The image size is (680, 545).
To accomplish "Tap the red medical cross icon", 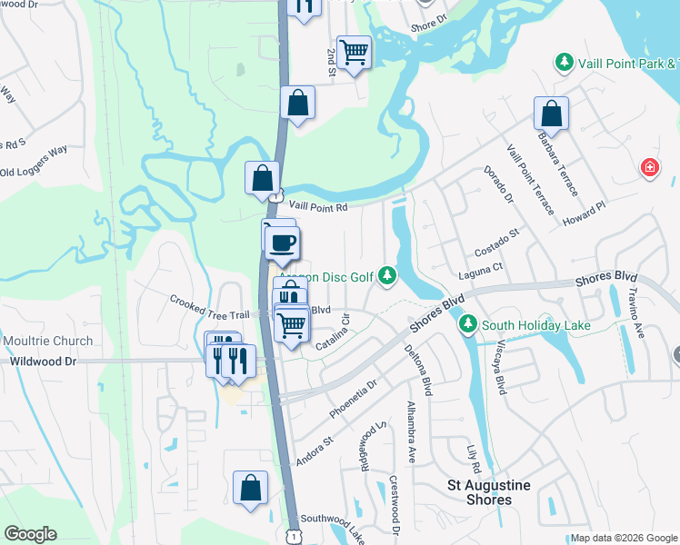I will click(650, 167).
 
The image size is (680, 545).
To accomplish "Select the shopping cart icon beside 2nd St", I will click(353, 52).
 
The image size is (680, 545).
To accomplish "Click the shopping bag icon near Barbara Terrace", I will click(551, 114).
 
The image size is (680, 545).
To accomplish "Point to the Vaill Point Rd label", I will click(312, 208).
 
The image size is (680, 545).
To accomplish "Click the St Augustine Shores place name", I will click(491, 492).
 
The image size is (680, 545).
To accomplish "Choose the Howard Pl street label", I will click(584, 214).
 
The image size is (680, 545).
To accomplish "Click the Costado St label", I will click(495, 243).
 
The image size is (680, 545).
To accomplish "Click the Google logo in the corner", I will click(29, 534).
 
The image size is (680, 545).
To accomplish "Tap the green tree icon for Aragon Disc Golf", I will click(387, 273).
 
